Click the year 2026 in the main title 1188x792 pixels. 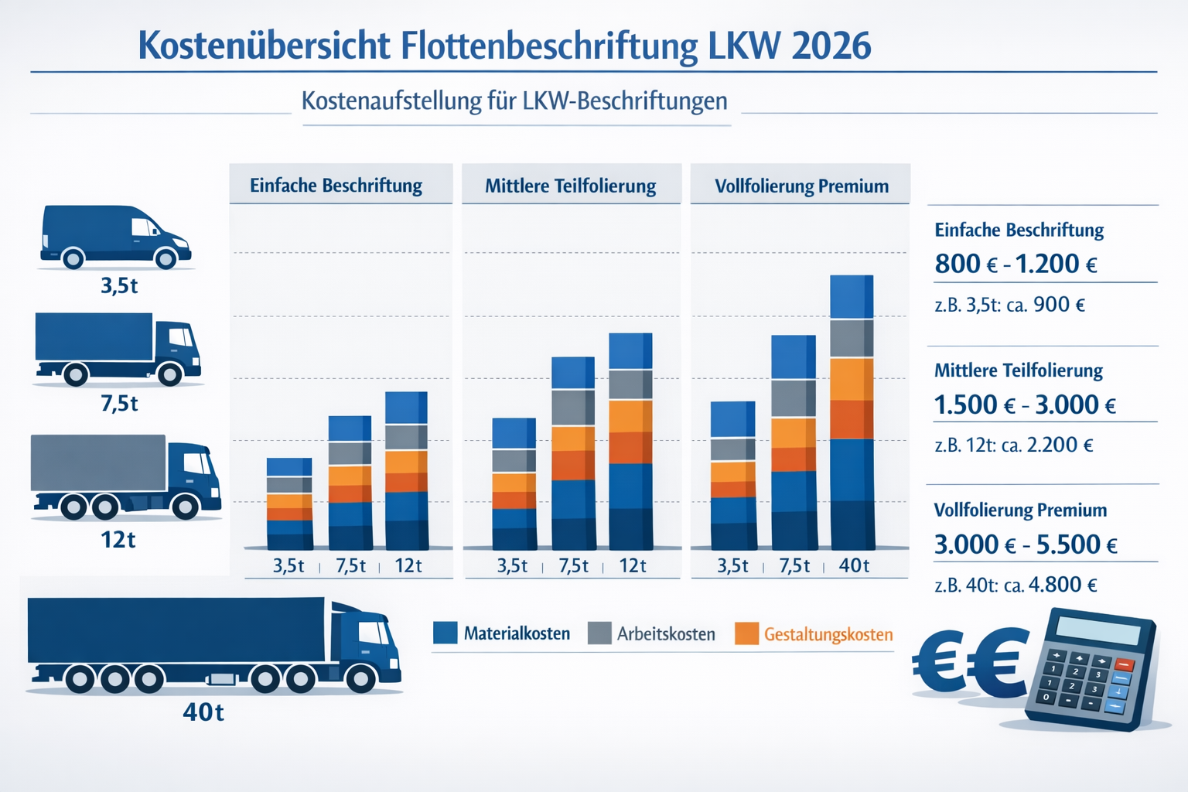pos(831,46)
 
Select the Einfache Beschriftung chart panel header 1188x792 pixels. pos(336,186)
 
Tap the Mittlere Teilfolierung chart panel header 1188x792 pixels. pos(570,186)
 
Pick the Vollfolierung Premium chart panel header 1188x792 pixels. pos(801,186)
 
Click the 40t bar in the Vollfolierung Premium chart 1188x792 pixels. pos(852,413)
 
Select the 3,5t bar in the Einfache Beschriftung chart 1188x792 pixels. pos(289,504)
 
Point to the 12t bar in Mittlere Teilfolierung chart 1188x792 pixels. pos(630,441)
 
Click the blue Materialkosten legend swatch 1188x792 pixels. pos(445,633)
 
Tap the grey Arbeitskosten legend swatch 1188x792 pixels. pos(599,633)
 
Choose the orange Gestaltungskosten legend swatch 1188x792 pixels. pos(746,633)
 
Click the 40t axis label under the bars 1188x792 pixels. pos(854,565)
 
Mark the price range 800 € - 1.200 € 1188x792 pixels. pos(1016,264)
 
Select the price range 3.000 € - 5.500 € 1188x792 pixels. pos(1026,544)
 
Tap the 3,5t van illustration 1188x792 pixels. pos(114,237)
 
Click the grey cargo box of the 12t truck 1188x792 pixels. pos(98,463)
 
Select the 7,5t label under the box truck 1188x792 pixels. pos(119,403)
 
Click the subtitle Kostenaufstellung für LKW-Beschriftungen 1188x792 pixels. pos(514,101)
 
